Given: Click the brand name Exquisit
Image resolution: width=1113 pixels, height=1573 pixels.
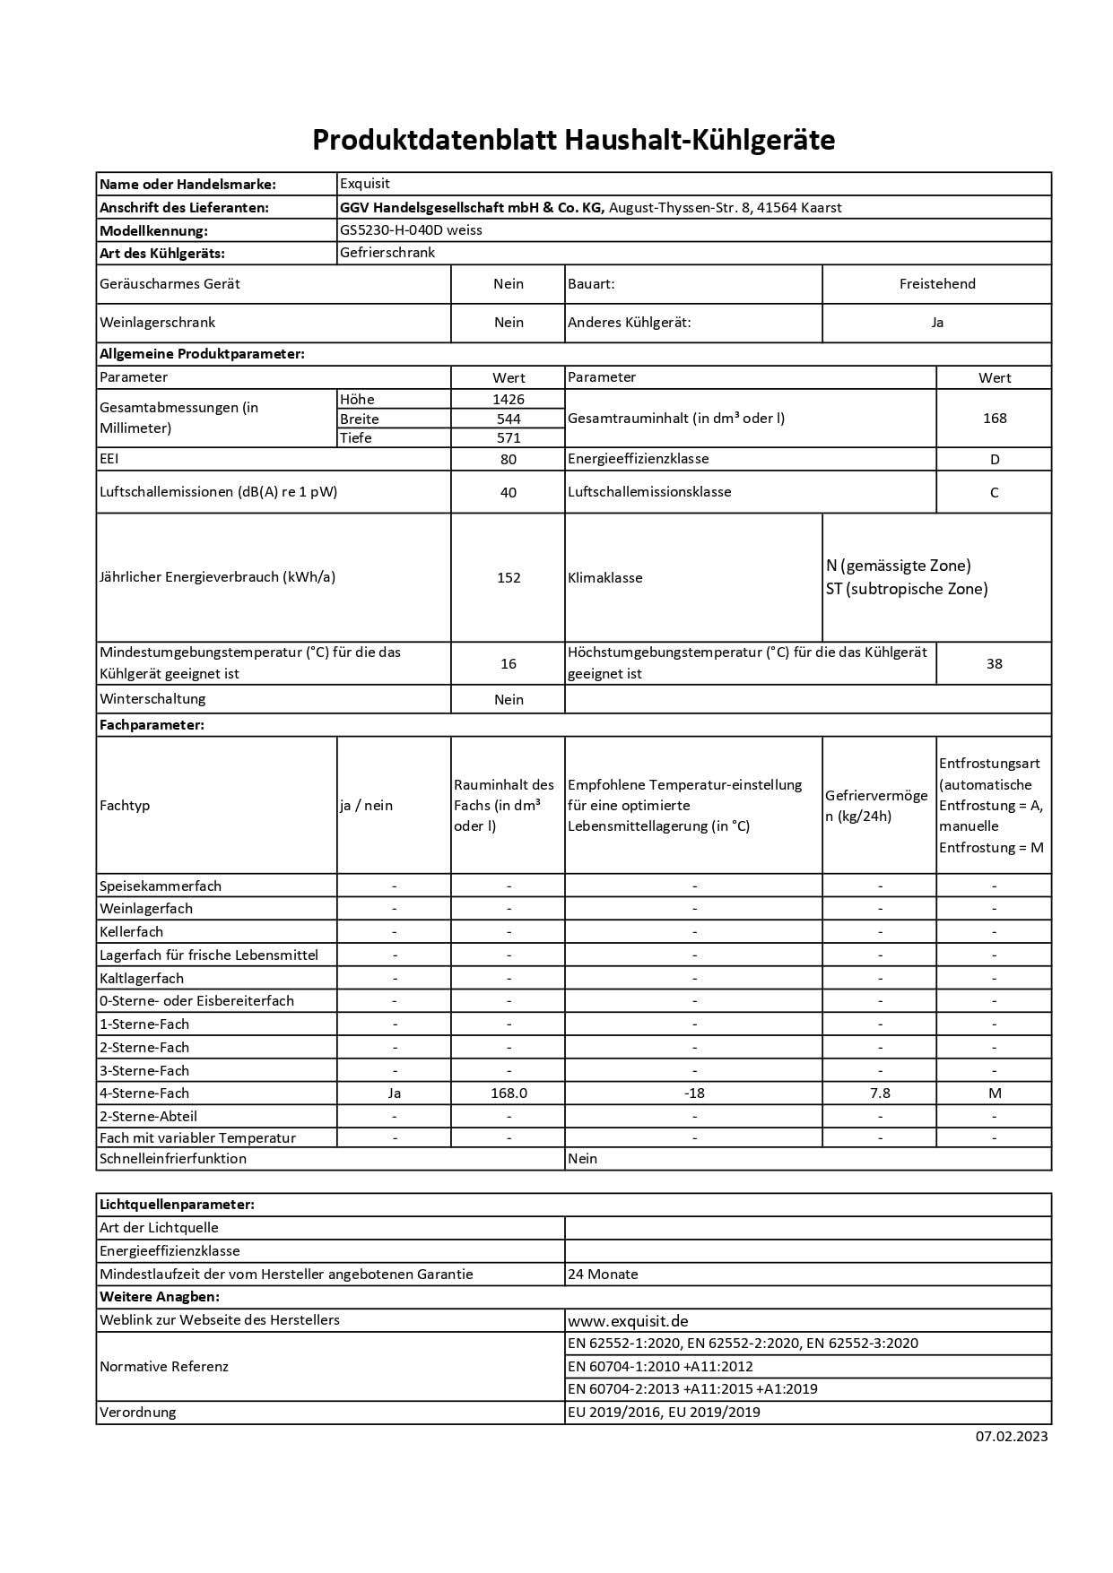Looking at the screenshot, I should tap(365, 184).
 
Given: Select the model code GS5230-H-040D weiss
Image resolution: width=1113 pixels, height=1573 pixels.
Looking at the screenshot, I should tap(411, 230).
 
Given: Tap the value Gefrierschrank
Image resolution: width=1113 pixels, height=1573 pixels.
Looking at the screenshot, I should tap(387, 253).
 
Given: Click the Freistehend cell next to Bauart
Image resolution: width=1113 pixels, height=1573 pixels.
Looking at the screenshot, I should tap(937, 284).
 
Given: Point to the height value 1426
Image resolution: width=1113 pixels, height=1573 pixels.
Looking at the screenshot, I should tap(509, 400).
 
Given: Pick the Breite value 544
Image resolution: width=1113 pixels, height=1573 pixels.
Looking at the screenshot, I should tap(509, 419).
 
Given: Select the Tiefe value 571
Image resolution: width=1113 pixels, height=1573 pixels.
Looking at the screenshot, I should tap(509, 438).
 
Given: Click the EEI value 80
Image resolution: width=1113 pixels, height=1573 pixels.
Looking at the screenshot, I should tap(509, 460).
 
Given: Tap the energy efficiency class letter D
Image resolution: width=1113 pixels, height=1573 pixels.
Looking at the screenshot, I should tap(994, 460).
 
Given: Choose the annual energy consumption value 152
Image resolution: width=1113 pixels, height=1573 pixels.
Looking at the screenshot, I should tap(509, 578).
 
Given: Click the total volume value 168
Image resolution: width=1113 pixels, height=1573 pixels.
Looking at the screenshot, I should tap(995, 419).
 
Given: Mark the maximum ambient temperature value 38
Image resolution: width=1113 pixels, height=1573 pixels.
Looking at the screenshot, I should tap(994, 664).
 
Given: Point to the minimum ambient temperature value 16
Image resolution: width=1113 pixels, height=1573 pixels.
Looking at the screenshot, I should tap(509, 664).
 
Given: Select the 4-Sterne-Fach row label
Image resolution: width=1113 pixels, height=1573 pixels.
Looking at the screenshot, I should tap(144, 1093).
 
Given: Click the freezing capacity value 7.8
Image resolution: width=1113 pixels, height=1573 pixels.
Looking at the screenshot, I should tap(880, 1093).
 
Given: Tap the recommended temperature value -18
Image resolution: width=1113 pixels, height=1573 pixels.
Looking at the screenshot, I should tap(693, 1093).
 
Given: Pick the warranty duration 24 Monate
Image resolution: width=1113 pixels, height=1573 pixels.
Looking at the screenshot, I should tap(603, 1275).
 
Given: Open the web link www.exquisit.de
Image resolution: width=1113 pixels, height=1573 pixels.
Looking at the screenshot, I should tap(628, 1321).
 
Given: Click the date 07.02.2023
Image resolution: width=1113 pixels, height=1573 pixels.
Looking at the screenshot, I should tap(1012, 1437).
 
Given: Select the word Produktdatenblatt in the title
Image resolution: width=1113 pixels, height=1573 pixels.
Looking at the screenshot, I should tap(434, 141).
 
